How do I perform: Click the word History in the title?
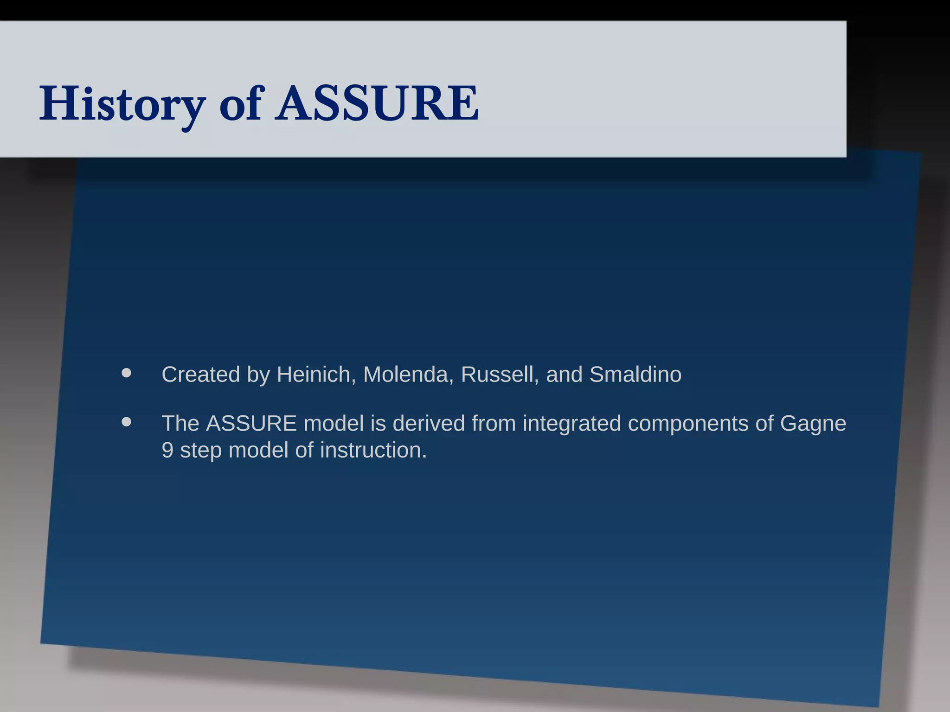pyautogui.click(x=122, y=104)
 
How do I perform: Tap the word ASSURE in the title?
pyautogui.click(x=377, y=104)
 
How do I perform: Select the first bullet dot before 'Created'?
pyautogui.click(x=126, y=373)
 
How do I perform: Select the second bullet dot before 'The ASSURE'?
pyautogui.click(x=126, y=422)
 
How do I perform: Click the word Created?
pyautogui.click(x=200, y=375)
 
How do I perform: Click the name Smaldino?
pyautogui.click(x=635, y=375)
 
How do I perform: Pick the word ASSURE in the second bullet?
pyautogui.click(x=251, y=424)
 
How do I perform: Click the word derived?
pyautogui.click(x=429, y=424)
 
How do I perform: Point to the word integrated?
pyautogui.click(x=571, y=424)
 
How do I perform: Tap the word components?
pyautogui.click(x=688, y=424)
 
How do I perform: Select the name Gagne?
pyautogui.click(x=813, y=424)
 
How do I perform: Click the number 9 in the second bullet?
pyautogui.click(x=167, y=451)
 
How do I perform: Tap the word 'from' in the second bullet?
pyautogui.click(x=494, y=424)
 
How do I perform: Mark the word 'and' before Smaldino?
pyautogui.click(x=564, y=375)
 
